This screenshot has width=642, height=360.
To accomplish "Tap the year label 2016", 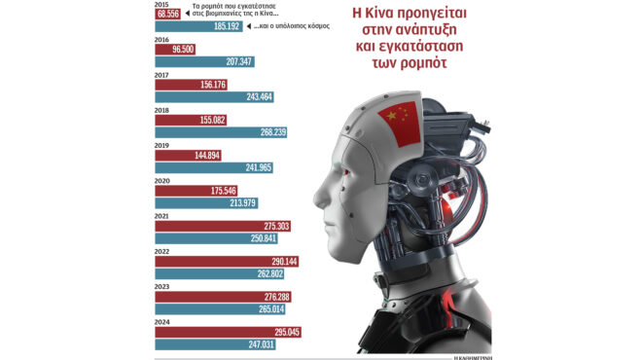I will [162, 42].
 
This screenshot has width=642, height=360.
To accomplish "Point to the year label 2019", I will [162, 145].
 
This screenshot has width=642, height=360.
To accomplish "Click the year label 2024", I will [162, 321].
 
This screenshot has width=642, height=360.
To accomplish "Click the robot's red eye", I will [343, 172].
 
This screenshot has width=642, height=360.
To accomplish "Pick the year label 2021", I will [162, 215].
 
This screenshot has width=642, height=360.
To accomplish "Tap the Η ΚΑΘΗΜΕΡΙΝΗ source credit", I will [478, 355].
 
